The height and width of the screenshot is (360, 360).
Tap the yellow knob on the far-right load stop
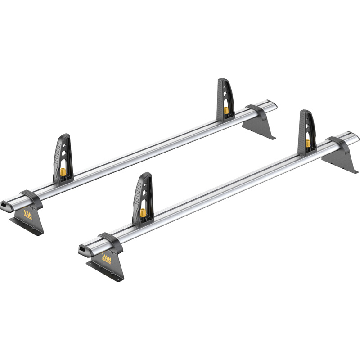(308, 143)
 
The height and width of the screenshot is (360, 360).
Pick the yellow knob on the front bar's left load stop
(143, 212)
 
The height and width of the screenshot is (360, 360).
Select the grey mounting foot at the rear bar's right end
(260, 128)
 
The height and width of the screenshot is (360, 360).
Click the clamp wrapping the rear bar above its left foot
(31, 198)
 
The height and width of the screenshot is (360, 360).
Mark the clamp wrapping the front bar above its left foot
(111, 242)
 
